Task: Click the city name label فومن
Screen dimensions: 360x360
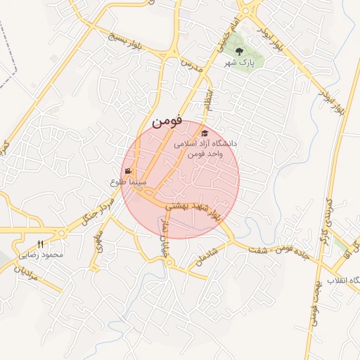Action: [x=167, y=121]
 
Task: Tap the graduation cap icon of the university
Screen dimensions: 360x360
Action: [x=204, y=133]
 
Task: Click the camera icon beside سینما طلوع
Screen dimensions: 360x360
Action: [x=128, y=171]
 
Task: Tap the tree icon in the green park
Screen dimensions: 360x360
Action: [x=239, y=51]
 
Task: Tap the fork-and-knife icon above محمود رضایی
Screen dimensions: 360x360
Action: [x=40, y=243]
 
